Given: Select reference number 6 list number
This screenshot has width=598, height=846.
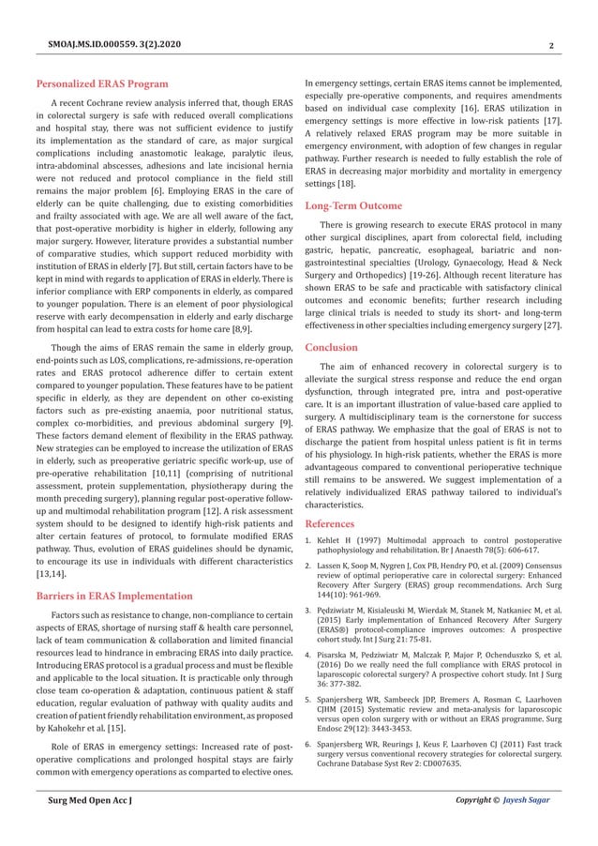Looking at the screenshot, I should [313, 743].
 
